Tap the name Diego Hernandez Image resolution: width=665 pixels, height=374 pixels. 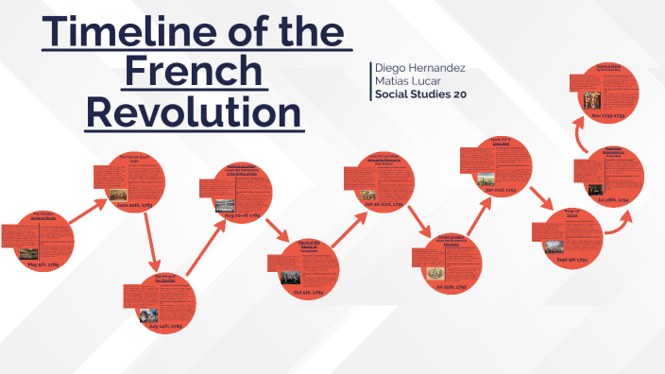point(419,69)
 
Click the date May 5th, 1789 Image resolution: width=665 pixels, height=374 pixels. point(43,265)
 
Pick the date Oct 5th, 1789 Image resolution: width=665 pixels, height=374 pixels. point(311,293)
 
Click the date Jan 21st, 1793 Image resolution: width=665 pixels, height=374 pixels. point(501,190)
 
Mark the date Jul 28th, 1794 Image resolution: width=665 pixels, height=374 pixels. point(609,200)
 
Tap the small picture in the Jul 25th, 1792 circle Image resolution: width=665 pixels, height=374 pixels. point(436,273)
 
